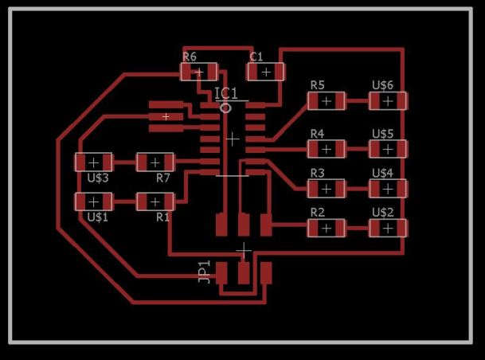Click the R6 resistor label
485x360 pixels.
click(190, 57)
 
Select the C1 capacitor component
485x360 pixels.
click(265, 72)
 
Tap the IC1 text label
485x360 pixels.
click(226, 93)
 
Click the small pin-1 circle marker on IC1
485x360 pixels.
click(225, 108)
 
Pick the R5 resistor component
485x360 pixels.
click(327, 101)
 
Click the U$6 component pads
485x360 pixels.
click(388, 101)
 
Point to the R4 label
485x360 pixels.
click(317, 134)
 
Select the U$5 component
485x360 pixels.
click(388, 149)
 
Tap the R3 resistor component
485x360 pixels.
click(327, 189)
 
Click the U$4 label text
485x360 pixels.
click(382, 173)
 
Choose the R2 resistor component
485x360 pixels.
click(327, 229)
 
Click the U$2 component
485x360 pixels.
click(388, 229)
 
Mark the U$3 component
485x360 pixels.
click(93, 162)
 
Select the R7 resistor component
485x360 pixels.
click(155, 162)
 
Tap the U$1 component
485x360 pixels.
click(93, 202)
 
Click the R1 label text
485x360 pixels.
click(162, 217)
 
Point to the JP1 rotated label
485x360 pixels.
click(204, 272)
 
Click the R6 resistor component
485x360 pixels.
click(198, 72)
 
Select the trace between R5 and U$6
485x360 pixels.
click(358, 101)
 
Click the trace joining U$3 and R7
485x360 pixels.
click(124, 162)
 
